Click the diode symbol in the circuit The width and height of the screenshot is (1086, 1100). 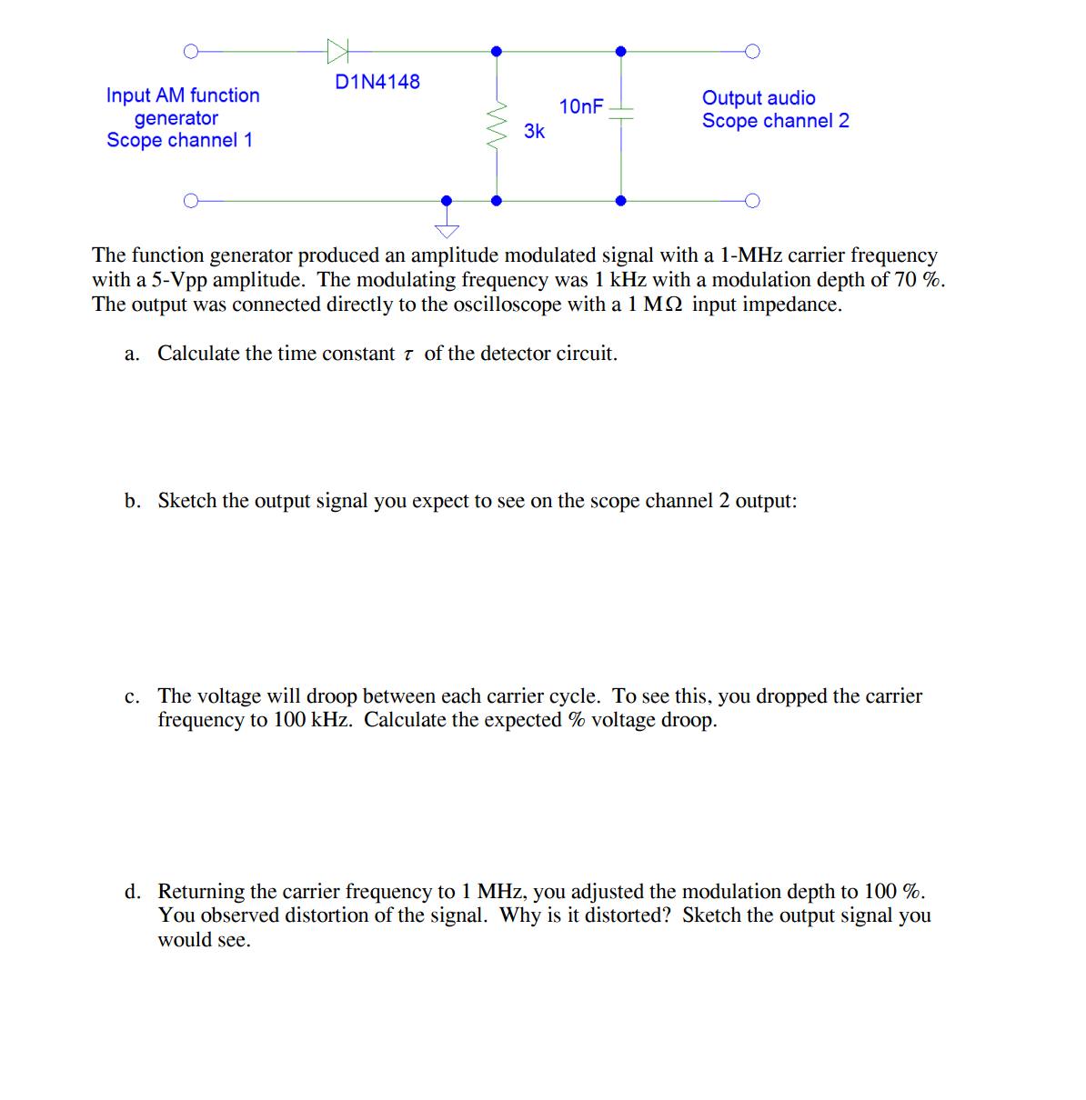[x=337, y=51]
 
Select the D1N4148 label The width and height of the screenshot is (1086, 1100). [x=377, y=82]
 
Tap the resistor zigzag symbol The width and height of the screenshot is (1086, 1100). [x=497, y=125]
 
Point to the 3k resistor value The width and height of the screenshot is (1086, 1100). [x=534, y=132]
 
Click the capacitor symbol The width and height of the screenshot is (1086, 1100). [x=620, y=113]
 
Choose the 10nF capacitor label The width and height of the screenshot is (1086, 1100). [x=581, y=106]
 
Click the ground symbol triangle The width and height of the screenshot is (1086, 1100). [x=447, y=230]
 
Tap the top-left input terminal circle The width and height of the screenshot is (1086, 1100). [x=190, y=51]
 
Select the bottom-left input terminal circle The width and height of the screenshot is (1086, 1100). [x=190, y=200]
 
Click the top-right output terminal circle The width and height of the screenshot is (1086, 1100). [x=752, y=51]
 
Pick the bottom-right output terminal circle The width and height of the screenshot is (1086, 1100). [x=752, y=200]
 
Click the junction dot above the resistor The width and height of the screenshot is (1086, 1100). [x=497, y=51]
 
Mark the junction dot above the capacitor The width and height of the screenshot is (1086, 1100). [x=620, y=51]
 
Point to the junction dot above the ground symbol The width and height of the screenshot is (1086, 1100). [x=447, y=200]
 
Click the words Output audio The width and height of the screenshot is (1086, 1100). [x=759, y=98]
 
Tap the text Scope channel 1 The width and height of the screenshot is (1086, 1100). [x=179, y=140]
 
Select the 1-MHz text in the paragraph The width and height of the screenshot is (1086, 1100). [x=751, y=255]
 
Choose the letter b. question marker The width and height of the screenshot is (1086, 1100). [x=133, y=501]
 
